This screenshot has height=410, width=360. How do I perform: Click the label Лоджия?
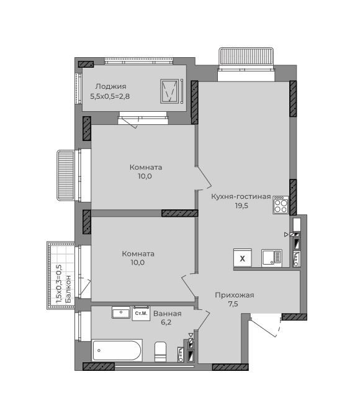click(x=110, y=86)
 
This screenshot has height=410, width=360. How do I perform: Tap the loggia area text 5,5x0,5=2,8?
click(x=110, y=96)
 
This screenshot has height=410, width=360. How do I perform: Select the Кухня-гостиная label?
click(x=241, y=196)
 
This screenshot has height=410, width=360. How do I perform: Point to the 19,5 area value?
click(x=241, y=206)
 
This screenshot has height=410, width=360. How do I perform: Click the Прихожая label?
click(x=235, y=295)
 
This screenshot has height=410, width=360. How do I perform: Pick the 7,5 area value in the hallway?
click(x=233, y=304)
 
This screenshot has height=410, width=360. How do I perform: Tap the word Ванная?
click(x=167, y=314)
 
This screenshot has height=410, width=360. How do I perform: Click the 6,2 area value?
click(x=166, y=322)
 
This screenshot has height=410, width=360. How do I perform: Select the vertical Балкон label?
click(x=68, y=289)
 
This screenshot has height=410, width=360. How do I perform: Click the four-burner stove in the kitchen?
click(x=281, y=205)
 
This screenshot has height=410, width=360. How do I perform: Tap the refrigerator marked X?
click(x=243, y=258)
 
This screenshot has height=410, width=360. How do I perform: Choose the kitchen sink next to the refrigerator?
click(x=272, y=258)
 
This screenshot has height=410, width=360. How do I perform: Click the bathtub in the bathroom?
click(x=117, y=350)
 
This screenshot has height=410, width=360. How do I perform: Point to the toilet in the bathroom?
click(x=160, y=352)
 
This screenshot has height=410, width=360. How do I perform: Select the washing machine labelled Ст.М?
click(x=141, y=313)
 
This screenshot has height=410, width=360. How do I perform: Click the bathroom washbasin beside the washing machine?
click(x=121, y=312)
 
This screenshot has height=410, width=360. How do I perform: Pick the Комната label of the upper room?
click(x=146, y=167)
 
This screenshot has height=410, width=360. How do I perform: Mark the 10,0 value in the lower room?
click(x=138, y=263)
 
